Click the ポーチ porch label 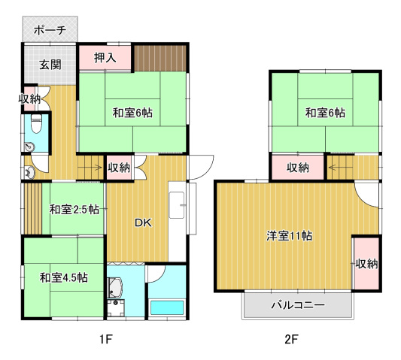pyautogui.click(x=50, y=30)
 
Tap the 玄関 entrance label pyautogui.click(x=50, y=65)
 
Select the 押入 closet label pyautogui.click(x=105, y=58)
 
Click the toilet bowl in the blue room pyautogui.click(x=36, y=123)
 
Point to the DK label pyautogui.click(x=143, y=223)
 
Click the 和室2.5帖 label pyautogui.click(x=74, y=210)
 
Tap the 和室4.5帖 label pyautogui.click(x=64, y=277)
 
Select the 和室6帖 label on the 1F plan pyautogui.click(x=132, y=113)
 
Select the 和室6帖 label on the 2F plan pyautogui.click(x=325, y=113)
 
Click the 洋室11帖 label pyautogui.click(x=289, y=235)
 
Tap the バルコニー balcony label pyautogui.click(x=298, y=305)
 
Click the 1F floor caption pyautogui.click(x=106, y=339)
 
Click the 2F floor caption pyautogui.click(x=291, y=339)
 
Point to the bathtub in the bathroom pyautogui.click(x=167, y=307)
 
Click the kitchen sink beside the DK pyautogui.click(x=177, y=205)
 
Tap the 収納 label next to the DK pyautogui.click(x=119, y=168)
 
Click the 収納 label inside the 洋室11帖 pyautogui.click(x=366, y=264)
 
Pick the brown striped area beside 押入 pyautogui.click(x=160, y=58)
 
